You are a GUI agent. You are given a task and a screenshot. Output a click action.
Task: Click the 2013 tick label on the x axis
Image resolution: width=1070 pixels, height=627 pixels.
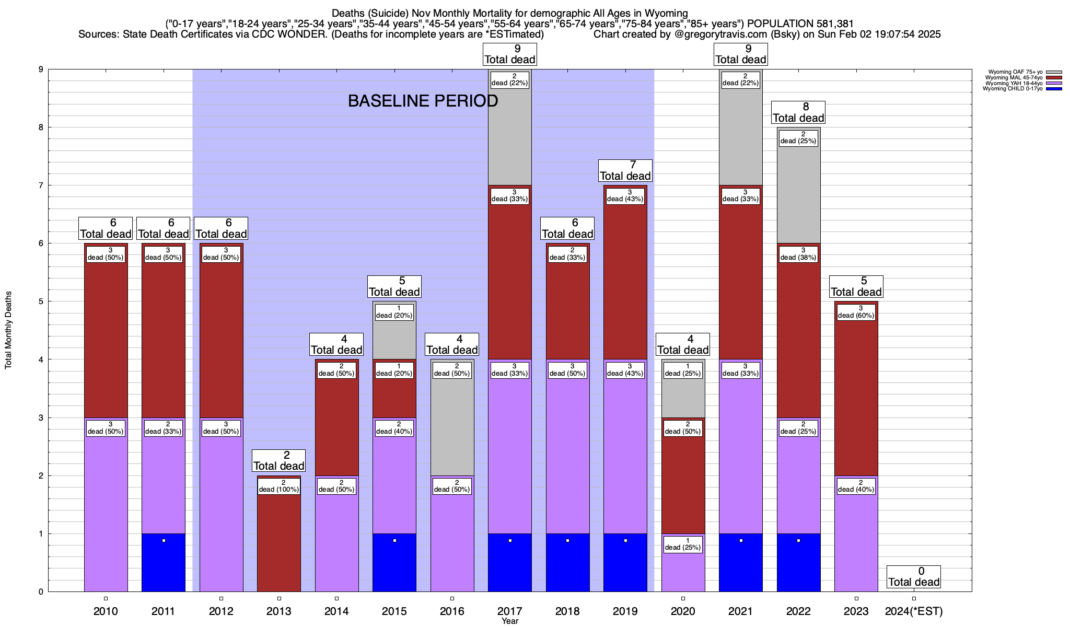(278, 611)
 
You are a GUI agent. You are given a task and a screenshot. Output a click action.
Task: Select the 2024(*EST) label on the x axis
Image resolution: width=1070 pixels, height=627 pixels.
(914, 611)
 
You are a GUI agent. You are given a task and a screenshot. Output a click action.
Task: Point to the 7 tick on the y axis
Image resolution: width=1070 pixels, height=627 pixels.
(40, 185)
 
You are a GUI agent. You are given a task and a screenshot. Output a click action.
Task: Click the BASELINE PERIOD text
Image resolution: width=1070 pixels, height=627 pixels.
(423, 101)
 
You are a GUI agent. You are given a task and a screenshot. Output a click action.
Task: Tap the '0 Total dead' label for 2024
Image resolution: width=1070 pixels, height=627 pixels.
(914, 577)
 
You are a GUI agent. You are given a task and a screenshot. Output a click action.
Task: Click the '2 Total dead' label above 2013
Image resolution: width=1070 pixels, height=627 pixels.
(278, 461)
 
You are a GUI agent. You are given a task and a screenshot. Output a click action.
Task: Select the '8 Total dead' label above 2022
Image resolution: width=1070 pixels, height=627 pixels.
(798, 113)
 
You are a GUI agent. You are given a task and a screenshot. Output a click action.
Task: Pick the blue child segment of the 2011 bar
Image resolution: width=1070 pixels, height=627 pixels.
(164, 563)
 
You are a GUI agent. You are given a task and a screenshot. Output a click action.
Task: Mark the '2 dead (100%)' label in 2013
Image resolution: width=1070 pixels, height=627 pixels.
(279, 486)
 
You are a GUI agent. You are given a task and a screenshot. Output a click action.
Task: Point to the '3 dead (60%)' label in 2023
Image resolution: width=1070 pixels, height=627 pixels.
(856, 312)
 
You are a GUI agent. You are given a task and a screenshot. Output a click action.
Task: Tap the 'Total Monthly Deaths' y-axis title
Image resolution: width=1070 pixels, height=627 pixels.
(8, 330)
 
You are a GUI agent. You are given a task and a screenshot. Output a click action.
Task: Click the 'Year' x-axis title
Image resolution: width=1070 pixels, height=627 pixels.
(510, 621)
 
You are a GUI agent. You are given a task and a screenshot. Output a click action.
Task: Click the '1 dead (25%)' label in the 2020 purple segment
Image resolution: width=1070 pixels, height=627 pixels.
(683, 544)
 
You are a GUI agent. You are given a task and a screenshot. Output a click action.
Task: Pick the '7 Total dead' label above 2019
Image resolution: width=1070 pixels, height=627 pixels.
(625, 171)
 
